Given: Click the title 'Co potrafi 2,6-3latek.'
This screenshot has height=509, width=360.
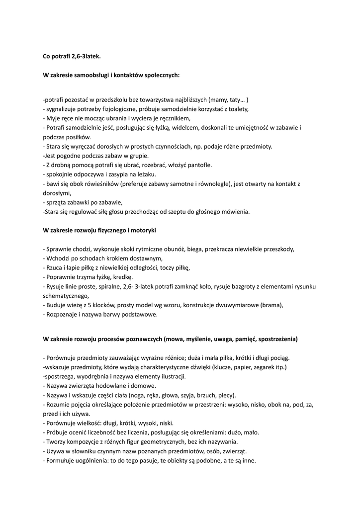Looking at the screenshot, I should tap(72, 57).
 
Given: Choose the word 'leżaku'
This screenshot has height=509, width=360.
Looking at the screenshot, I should tap(146, 174).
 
